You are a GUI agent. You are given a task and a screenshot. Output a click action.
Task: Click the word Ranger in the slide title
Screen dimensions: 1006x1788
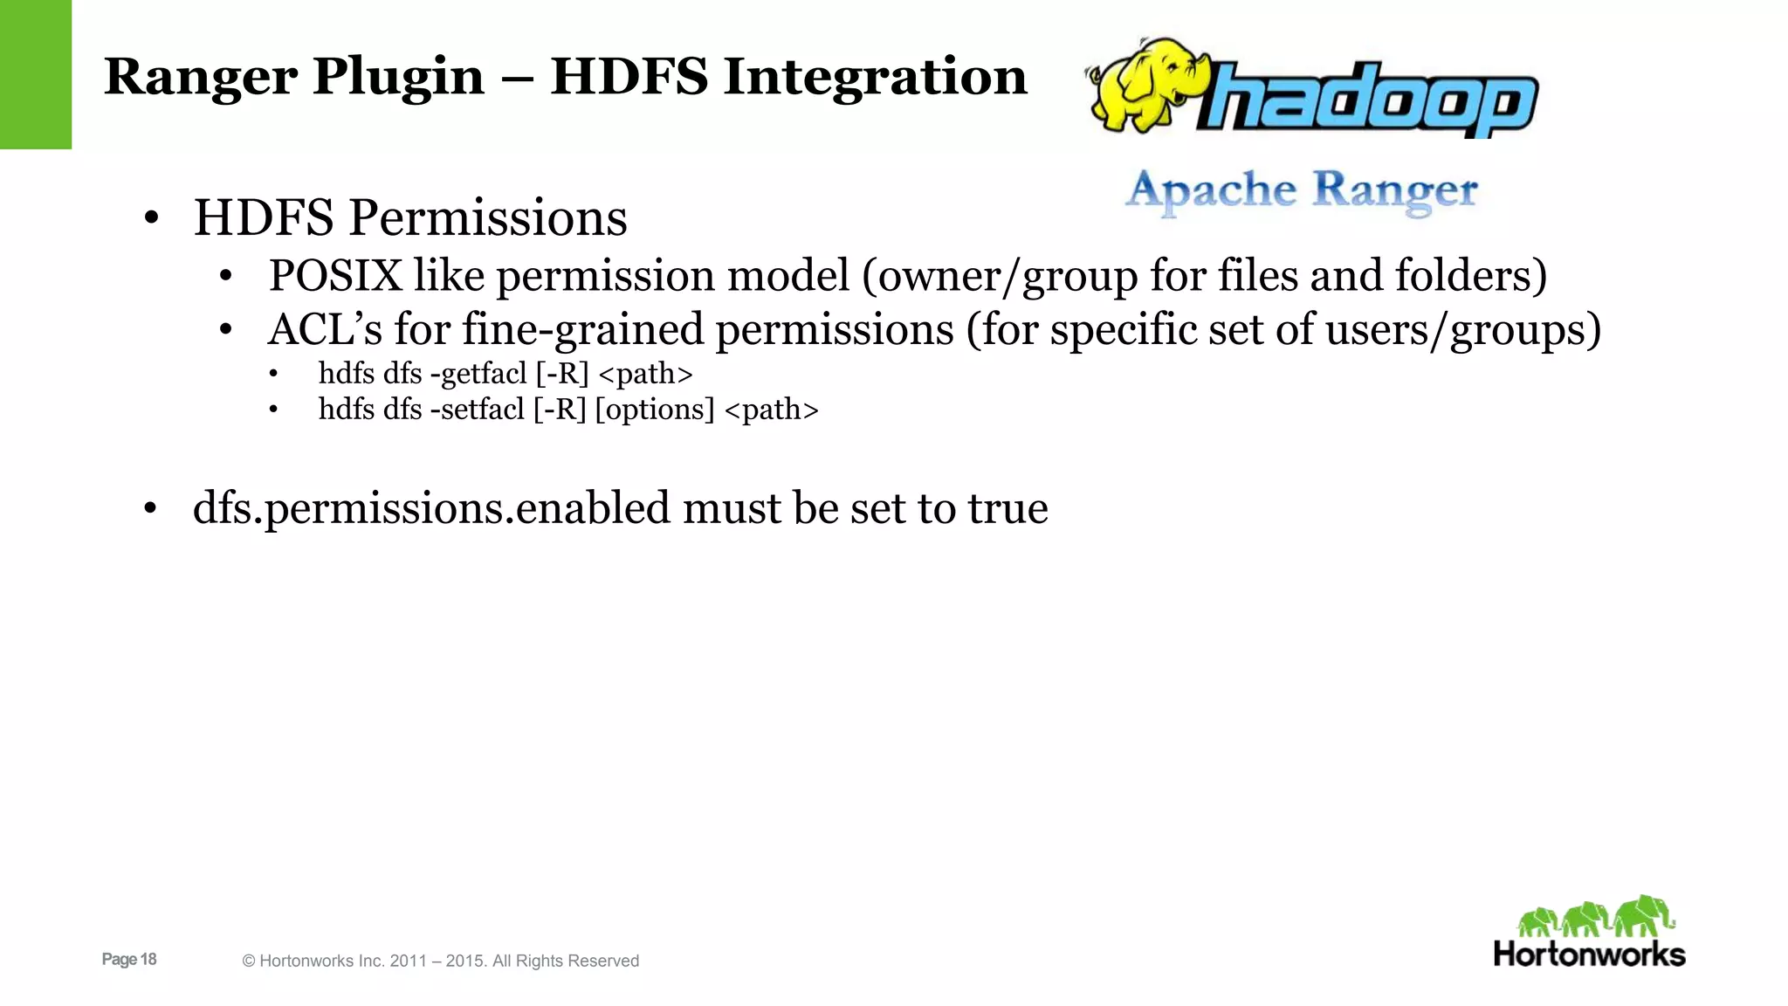(201, 77)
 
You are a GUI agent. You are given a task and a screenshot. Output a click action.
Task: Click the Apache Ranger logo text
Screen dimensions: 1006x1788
(1301, 190)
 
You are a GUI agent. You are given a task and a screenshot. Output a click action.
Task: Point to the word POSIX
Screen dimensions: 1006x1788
(335, 276)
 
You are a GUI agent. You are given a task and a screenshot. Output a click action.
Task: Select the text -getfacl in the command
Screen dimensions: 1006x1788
(478, 374)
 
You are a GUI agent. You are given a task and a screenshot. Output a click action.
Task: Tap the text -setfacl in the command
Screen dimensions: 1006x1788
(477, 410)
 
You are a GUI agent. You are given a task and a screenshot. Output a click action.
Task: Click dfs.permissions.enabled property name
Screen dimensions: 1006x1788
(431, 508)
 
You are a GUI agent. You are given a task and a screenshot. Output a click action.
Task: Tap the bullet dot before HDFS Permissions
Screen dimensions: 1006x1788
(151, 218)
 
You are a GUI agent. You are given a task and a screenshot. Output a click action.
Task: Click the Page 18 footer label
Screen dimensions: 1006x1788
(129, 959)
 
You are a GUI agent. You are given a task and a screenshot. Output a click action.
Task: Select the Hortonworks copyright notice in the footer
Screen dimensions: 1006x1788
(440, 961)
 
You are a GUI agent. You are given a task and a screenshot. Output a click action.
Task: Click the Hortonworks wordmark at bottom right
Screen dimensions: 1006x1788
(1589, 954)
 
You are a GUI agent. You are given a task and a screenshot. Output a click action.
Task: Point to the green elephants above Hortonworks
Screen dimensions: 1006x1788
(1594, 917)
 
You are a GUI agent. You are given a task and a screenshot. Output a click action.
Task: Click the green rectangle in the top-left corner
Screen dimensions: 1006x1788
(35, 74)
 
